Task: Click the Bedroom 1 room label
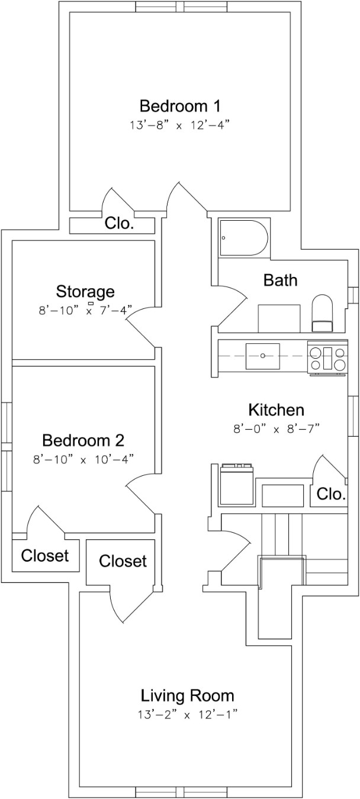[180, 107]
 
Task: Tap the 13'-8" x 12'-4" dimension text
[180, 125]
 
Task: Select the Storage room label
[85, 291]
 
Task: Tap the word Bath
[280, 280]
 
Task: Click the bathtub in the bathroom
[243, 238]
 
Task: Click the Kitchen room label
[276, 410]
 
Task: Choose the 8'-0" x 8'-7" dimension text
[277, 429]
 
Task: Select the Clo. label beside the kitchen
[331, 494]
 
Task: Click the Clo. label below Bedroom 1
[119, 224]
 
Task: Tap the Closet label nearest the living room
[123, 560]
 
